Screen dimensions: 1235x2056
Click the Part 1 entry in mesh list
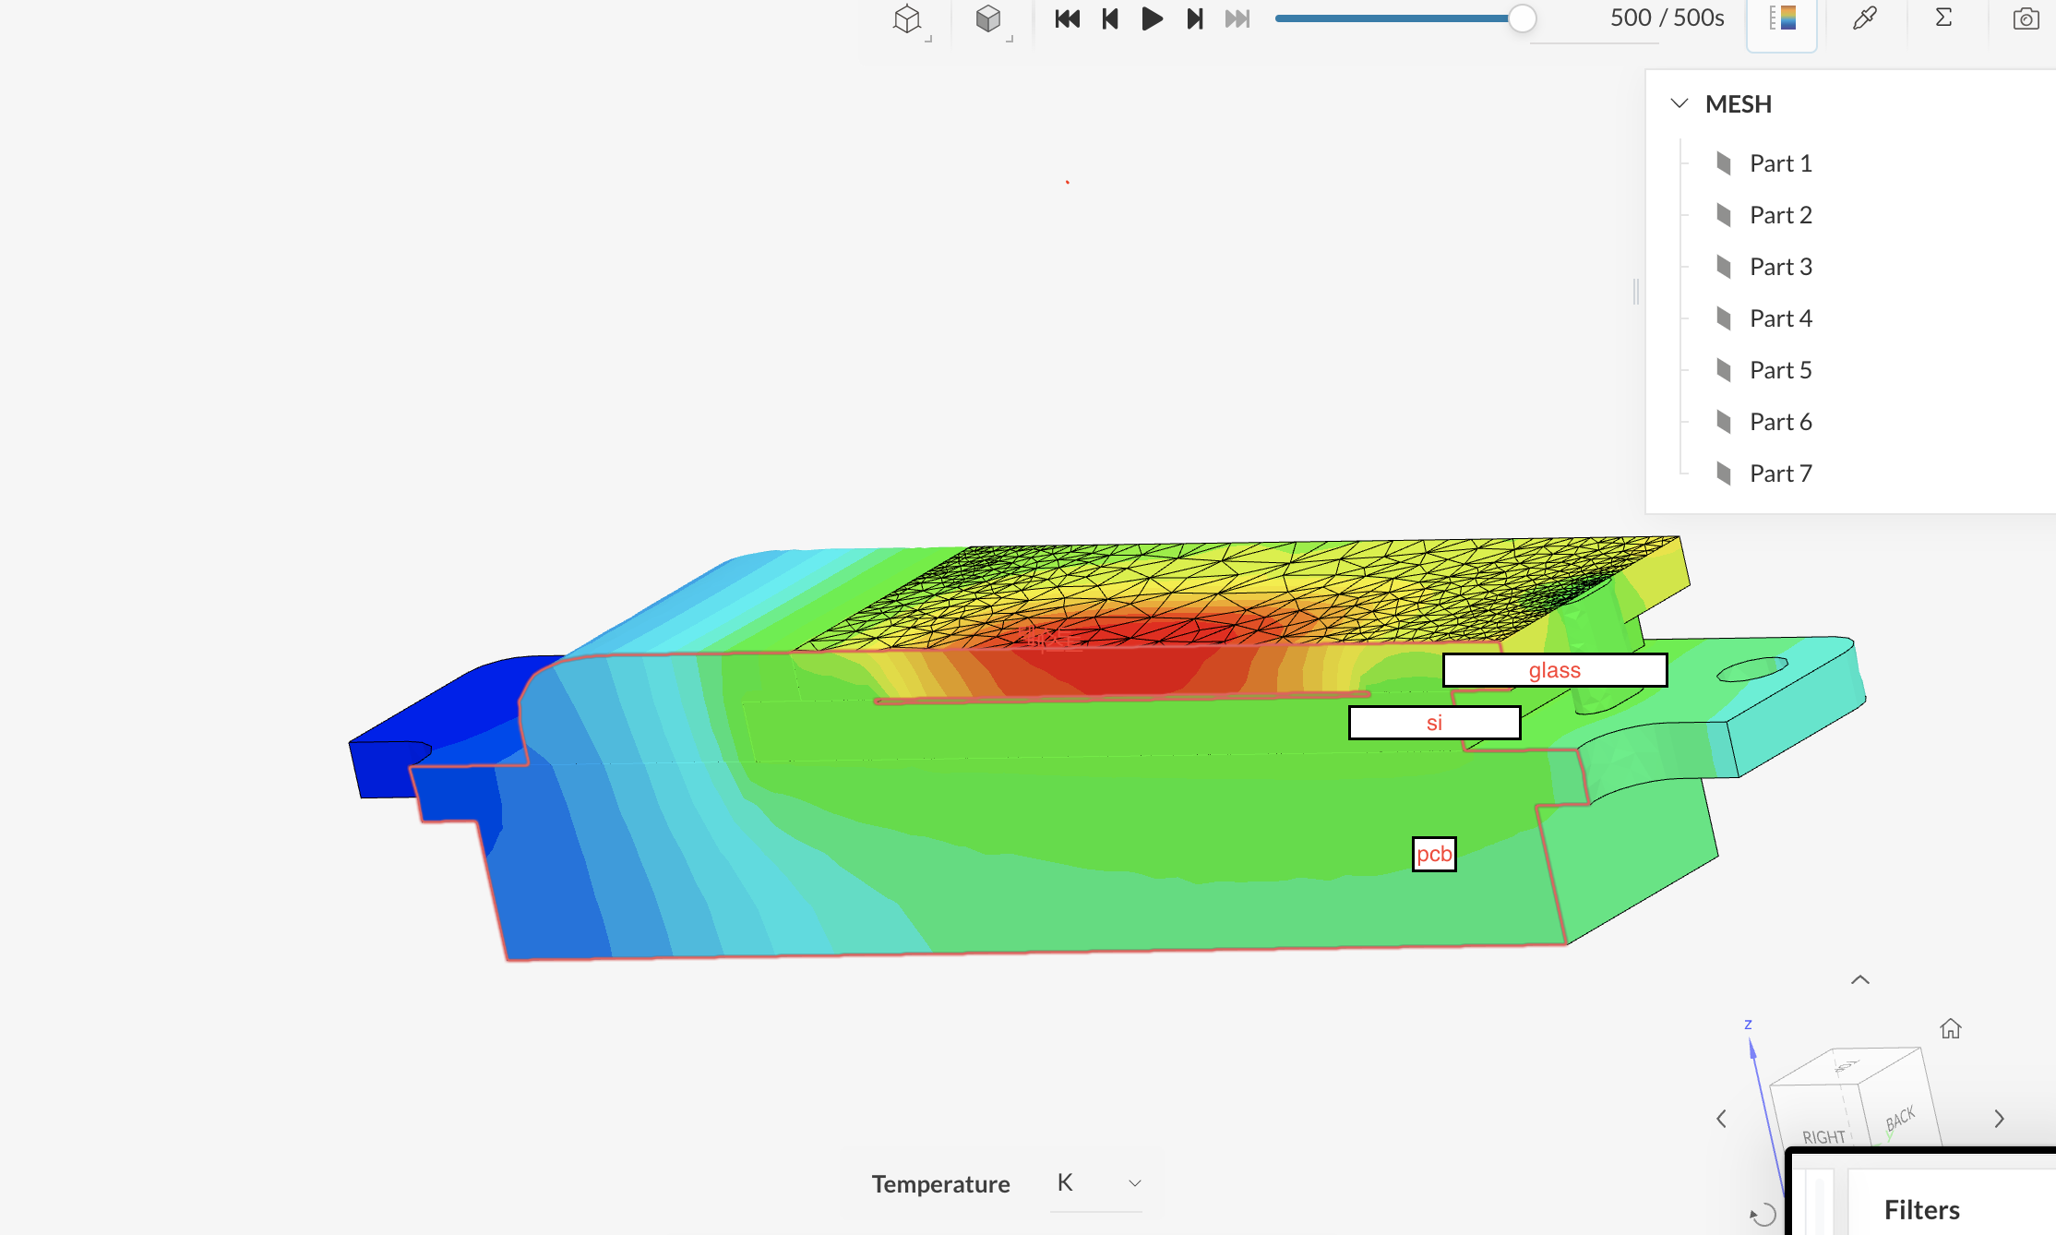pos(1780,163)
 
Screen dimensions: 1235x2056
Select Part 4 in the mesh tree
pos(1780,318)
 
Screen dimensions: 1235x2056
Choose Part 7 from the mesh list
pos(1780,474)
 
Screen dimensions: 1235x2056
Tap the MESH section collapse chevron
pos(1679,103)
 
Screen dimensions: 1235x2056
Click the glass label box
pos(1555,670)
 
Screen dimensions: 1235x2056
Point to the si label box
pos(1434,723)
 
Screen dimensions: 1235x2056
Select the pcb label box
pos(1434,854)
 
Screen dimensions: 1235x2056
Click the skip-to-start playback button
pos(1067,18)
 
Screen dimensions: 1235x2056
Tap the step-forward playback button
pos(1195,18)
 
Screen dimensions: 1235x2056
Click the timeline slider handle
pos(1522,18)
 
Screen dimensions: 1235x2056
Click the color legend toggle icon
pos(1782,18)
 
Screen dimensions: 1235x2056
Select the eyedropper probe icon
pos(1864,18)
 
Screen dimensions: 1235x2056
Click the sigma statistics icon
pos(1943,18)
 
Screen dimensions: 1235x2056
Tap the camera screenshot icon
pos(2026,18)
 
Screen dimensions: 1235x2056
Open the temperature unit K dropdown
pos(1097,1183)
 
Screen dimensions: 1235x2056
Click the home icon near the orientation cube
pos(1950,1028)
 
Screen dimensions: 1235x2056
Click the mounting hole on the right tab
pos(1751,669)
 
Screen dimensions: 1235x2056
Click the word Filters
pos(1921,1209)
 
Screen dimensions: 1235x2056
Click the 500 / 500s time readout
pos(1667,18)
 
